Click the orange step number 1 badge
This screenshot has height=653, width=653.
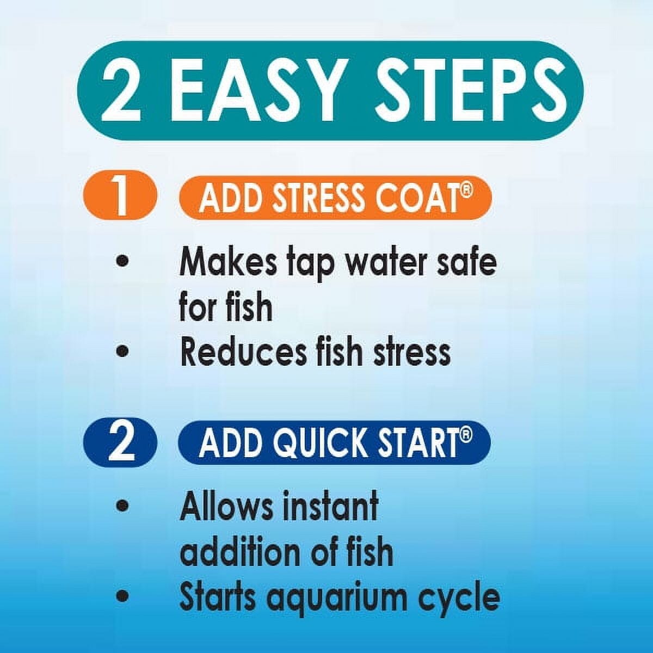tap(121, 196)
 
